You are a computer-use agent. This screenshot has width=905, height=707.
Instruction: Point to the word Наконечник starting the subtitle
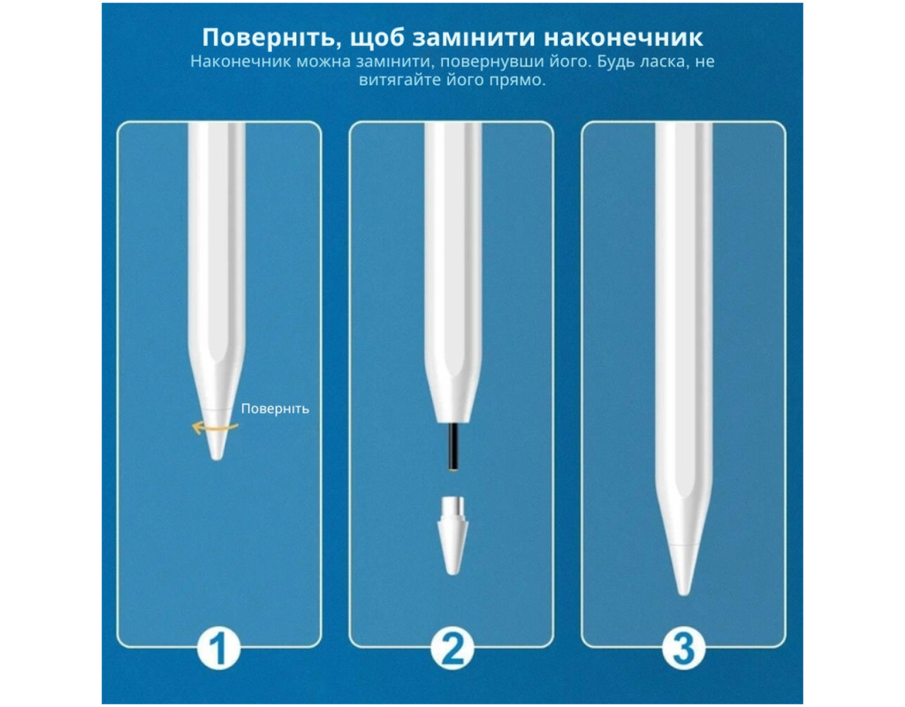[x=240, y=61]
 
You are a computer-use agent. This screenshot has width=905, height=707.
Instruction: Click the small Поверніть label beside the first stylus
[x=276, y=408]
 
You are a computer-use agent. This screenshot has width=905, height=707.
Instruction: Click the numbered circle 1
[x=219, y=648]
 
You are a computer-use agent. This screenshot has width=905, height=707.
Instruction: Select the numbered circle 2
[x=452, y=648]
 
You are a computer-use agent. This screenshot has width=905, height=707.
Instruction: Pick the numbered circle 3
[x=683, y=648]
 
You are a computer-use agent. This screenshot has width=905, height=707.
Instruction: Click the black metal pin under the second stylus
[x=453, y=448]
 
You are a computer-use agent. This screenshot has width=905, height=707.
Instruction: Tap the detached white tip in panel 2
[x=452, y=535]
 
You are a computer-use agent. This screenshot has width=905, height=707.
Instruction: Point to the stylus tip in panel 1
[x=217, y=435]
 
